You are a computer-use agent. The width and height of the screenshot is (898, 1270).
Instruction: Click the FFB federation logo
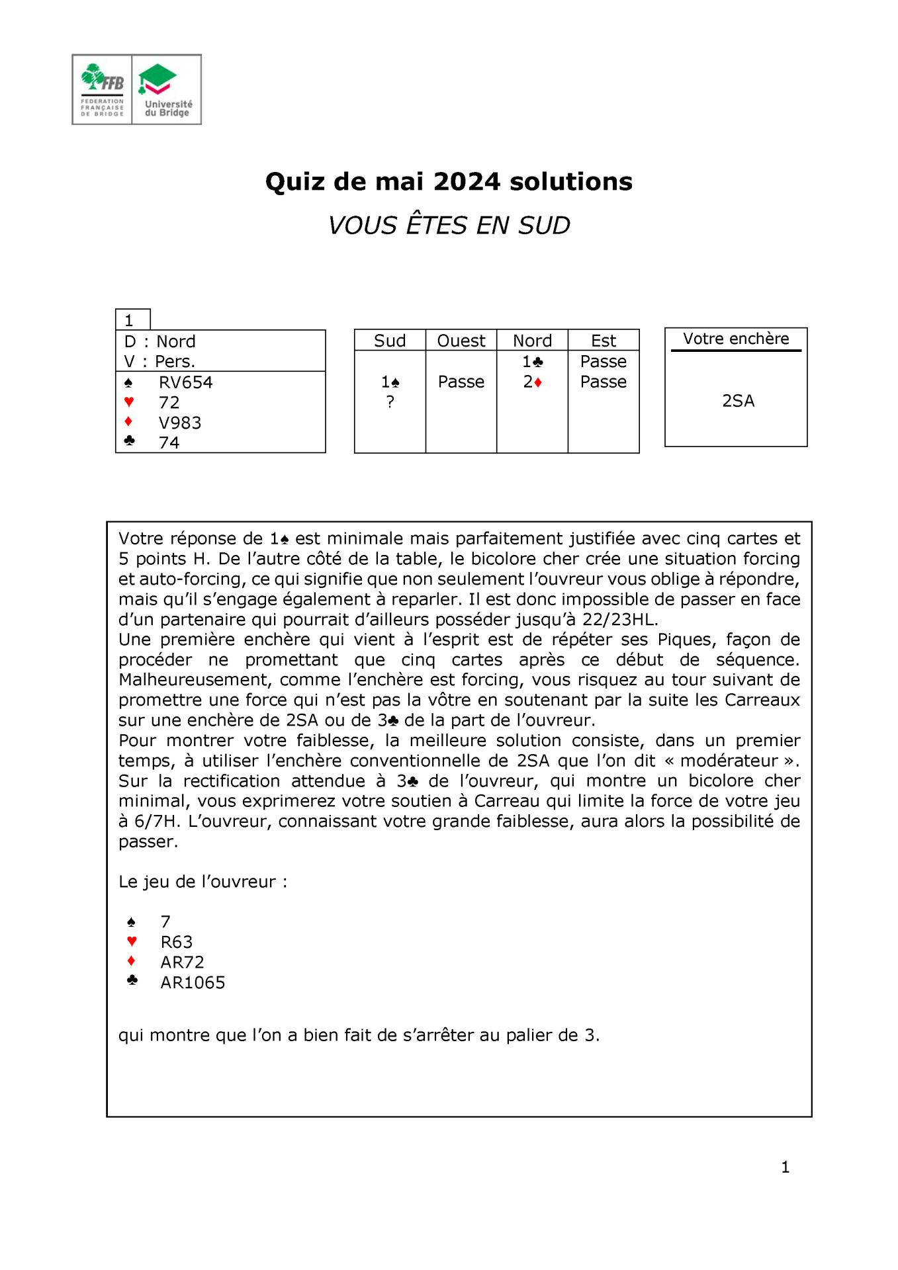click(102, 89)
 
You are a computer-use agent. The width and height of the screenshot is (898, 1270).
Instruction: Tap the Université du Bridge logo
click(167, 89)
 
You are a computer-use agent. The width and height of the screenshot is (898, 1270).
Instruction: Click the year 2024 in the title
click(467, 181)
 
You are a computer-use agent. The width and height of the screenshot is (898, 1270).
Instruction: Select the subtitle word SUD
click(544, 226)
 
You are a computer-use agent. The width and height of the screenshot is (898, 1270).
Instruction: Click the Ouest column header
click(461, 341)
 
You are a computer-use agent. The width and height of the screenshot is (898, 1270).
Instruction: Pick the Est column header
click(603, 341)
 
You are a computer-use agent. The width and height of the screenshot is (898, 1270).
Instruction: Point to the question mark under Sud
click(390, 402)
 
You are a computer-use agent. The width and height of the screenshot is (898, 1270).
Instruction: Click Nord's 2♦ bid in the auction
click(532, 382)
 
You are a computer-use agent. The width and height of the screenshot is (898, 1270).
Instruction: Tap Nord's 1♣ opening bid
click(532, 362)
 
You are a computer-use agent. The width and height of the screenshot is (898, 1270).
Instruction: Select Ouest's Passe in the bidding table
click(461, 382)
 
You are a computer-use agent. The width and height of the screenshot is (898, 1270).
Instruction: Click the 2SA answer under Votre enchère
click(738, 401)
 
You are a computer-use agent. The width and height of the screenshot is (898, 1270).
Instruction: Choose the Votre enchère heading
click(736, 339)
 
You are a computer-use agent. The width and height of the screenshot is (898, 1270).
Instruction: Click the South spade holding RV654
click(185, 382)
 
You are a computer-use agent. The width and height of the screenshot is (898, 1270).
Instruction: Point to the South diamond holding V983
click(179, 423)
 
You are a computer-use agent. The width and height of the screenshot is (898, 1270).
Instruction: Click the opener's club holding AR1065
click(193, 982)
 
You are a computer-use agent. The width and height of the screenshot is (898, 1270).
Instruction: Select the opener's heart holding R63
click(176, 942)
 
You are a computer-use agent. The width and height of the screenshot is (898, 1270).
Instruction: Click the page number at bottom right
click(785, 1167)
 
